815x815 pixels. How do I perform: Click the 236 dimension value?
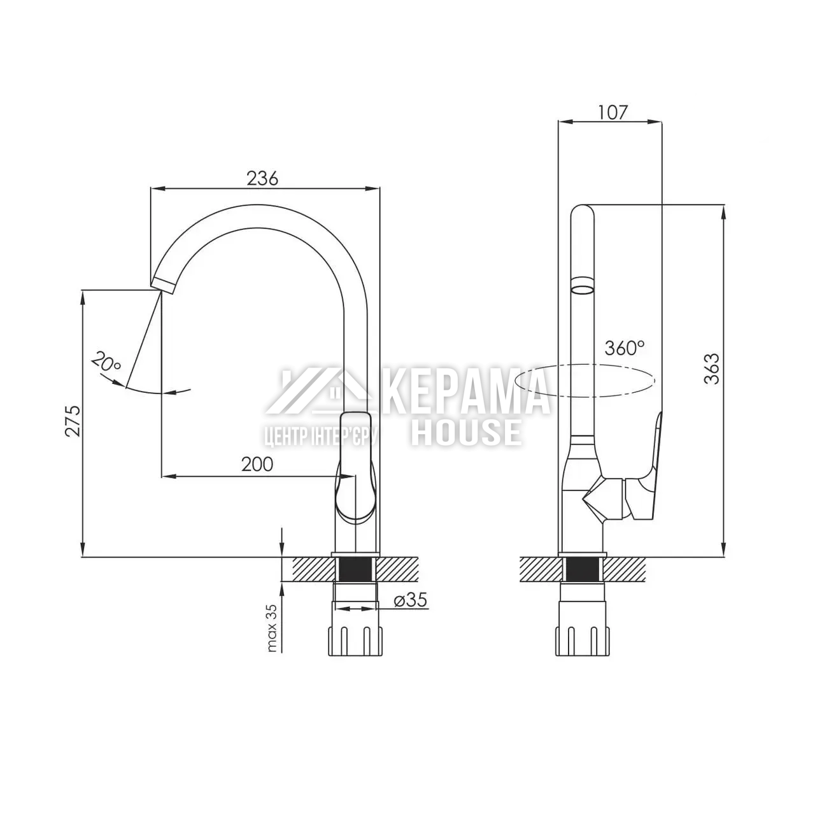tap(262, 178)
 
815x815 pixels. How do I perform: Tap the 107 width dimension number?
tap(613, 113)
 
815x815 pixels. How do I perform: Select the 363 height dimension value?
tap(712, 369)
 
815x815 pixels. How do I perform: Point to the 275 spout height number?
tap(73, 421)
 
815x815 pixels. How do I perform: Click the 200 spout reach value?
tap(257, 464)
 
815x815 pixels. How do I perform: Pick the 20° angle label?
tap(106, 361)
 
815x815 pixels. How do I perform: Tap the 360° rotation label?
tap(625, 348)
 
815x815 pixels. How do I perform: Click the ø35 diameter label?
tap(410, 600)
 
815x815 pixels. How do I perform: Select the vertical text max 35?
tap(272, 628)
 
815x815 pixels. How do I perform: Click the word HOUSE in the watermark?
tap(466, 432)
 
